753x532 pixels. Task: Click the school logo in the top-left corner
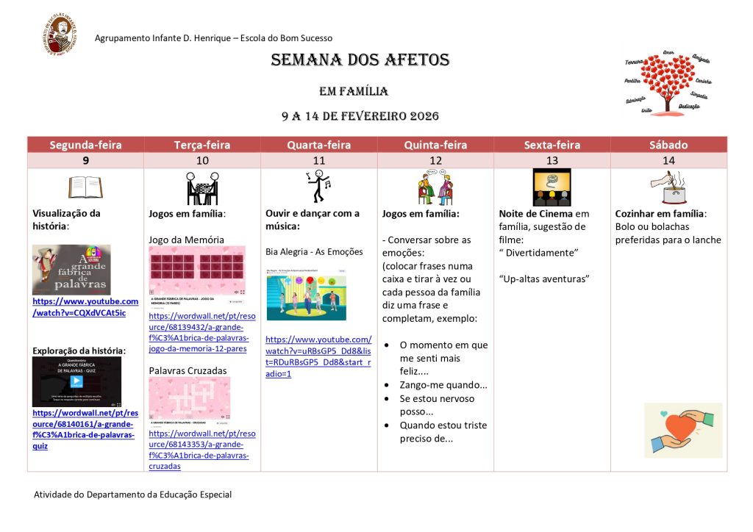coord(60,35)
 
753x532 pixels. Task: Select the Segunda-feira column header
coord(85,145)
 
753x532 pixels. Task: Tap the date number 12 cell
coord(435,160)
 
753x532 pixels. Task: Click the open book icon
coord(85,187)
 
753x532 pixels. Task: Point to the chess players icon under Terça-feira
coord(202,188)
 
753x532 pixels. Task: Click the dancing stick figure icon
coord(318,187)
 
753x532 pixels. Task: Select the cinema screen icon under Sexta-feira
coord(552,187)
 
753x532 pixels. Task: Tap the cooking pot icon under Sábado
coord(668,187)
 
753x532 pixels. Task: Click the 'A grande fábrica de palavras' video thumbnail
coord(71,270)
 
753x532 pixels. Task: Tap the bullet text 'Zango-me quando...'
coord(443,385)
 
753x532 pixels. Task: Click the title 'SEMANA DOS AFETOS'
coord(360,60)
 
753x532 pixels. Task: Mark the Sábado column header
coord(668,145)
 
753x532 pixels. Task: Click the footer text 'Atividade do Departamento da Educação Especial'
coord(132,495)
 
